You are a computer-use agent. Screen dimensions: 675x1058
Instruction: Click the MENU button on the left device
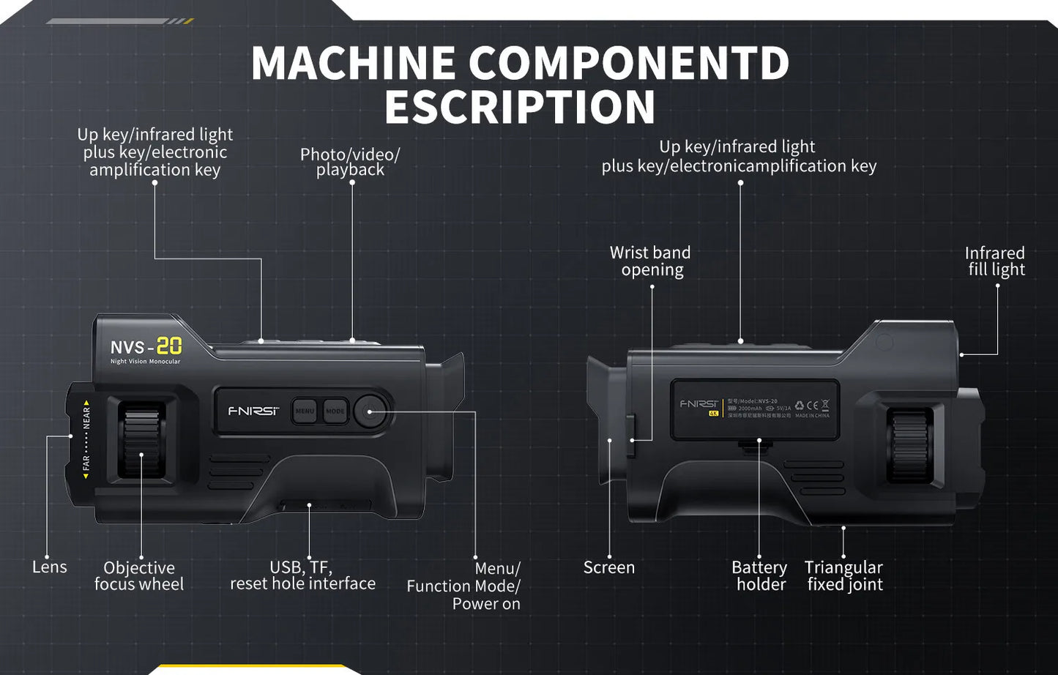coord(305,411)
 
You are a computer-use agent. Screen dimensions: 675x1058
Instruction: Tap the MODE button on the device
coord(335,411)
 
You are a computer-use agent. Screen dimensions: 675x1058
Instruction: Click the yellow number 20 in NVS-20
coord(169,346)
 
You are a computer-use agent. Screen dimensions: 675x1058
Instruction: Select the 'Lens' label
coord(49,567)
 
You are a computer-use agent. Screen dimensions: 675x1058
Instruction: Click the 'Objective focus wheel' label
coord(139,576)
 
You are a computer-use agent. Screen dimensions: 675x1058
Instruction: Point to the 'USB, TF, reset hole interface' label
coord(302,575)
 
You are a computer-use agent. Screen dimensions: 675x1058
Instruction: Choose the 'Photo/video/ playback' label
coord(350,162)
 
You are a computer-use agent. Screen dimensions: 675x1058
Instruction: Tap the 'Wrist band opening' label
coord(651,261)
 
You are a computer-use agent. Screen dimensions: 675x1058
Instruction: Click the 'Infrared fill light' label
coord(995,261)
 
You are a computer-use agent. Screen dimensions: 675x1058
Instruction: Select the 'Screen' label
coord(608,567)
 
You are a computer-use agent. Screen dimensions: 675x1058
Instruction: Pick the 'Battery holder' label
coord(760,576)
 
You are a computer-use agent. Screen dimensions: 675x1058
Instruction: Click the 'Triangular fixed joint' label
coord(844,576)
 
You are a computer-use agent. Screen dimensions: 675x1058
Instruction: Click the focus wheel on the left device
coord(141,441)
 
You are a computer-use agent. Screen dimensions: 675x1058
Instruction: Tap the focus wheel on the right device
coord(909,444)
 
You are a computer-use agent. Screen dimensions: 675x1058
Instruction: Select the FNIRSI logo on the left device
coord(253,411)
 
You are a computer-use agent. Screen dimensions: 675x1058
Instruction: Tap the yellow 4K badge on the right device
coord(713,414)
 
